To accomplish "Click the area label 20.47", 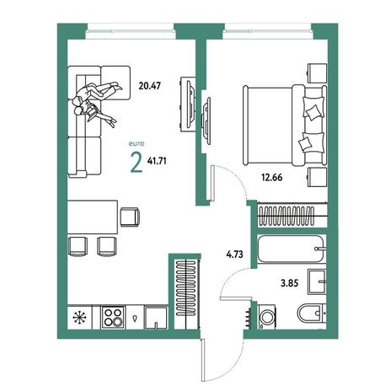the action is pos(150,86).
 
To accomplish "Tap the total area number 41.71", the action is pos(157,161).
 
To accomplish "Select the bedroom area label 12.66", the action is pos(272,178).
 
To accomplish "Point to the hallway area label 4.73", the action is pos(234,254).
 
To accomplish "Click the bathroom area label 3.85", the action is pos(289,283).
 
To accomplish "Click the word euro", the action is pos(137,144).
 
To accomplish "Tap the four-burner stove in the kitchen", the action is pos(113,317).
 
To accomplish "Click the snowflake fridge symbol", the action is pos(79,318).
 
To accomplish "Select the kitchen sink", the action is pos(156,317).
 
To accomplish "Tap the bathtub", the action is pos(292,249).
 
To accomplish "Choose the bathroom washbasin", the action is pos(317,281).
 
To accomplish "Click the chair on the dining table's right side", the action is pos(130,217).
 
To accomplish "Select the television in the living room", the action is pos(188,104).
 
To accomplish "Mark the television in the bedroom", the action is pos(206,121).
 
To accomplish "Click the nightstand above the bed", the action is pos(317,73).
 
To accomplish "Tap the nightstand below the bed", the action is pos(317,177).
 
